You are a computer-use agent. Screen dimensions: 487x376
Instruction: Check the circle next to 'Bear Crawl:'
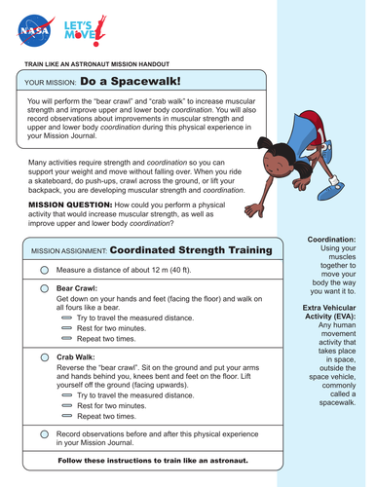(45, 289)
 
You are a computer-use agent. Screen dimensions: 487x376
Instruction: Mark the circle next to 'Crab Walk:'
(45, 358)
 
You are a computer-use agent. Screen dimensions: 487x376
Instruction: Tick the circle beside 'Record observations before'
(45, 431)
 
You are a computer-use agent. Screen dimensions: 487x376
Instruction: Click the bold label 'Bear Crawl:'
(77, 289)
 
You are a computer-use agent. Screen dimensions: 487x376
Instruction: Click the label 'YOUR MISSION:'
(50, 83)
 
